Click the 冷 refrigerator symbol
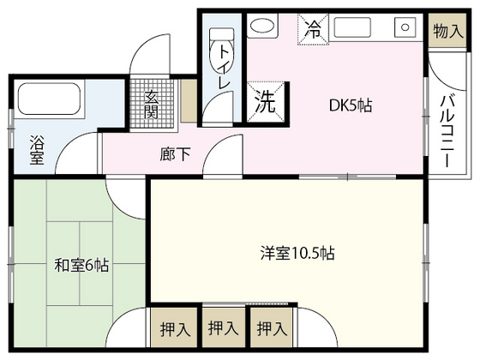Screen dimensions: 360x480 coord(313,29)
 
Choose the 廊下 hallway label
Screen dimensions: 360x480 coord(171,155)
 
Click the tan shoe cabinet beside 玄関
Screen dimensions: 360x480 coord(189,103)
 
